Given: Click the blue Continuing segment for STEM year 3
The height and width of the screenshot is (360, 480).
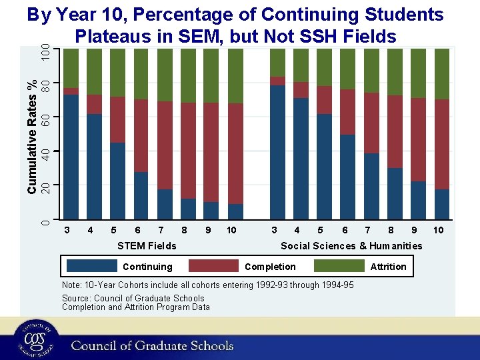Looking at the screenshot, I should tap(71, 157).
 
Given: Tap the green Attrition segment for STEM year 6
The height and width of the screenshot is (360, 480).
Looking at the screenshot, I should tap(141, 74).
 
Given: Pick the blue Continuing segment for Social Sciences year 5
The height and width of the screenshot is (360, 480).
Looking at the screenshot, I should tap(324, 166).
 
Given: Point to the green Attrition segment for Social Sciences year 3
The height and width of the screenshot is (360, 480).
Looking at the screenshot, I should tap(277, 63).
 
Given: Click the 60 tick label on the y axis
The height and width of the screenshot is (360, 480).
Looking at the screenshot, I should tap(44, 119).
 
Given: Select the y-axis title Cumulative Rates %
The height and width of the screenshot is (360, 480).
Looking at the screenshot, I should tap(31, 137).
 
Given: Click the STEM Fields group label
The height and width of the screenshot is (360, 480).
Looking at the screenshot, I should tap(147, 246).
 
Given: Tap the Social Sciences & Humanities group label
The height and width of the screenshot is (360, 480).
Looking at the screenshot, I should tap(351, 246).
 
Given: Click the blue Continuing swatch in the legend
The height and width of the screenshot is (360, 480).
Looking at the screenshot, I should tap(93, 266).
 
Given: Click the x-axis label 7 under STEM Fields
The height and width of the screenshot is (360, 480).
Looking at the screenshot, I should tap(161, 230).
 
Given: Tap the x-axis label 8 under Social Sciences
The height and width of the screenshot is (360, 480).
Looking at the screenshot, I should tap(391, 230).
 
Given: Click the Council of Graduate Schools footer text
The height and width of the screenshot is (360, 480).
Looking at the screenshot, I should tap(152, 345).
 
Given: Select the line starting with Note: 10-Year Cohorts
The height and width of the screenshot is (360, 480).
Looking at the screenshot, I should tap(207, 285).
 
